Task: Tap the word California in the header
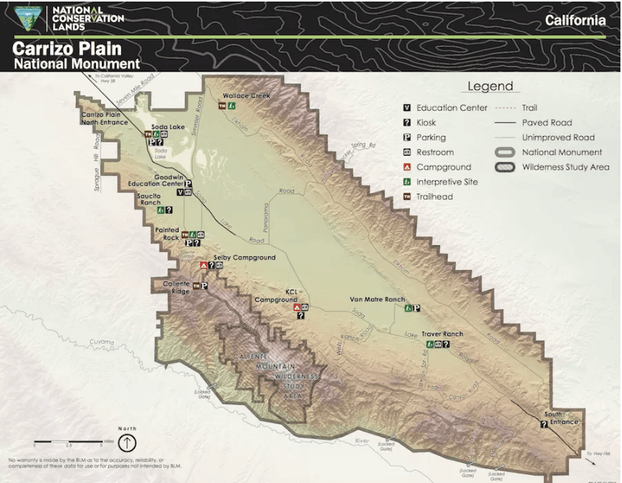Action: coord(575,20)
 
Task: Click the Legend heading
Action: coord(489,86)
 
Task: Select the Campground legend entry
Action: coord(443,167)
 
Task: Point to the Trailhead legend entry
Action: coord(433,197)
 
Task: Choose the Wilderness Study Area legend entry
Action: coord(565,167)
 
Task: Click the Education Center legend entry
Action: coord(451,108)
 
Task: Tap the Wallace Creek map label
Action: coord(246,96)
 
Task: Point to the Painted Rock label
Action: coord(167,230)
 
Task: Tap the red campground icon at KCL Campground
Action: coord(297,307)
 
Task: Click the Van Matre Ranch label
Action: coord(377,299)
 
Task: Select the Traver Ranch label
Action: coord(442,334)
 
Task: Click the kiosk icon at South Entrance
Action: coord(544,424)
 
